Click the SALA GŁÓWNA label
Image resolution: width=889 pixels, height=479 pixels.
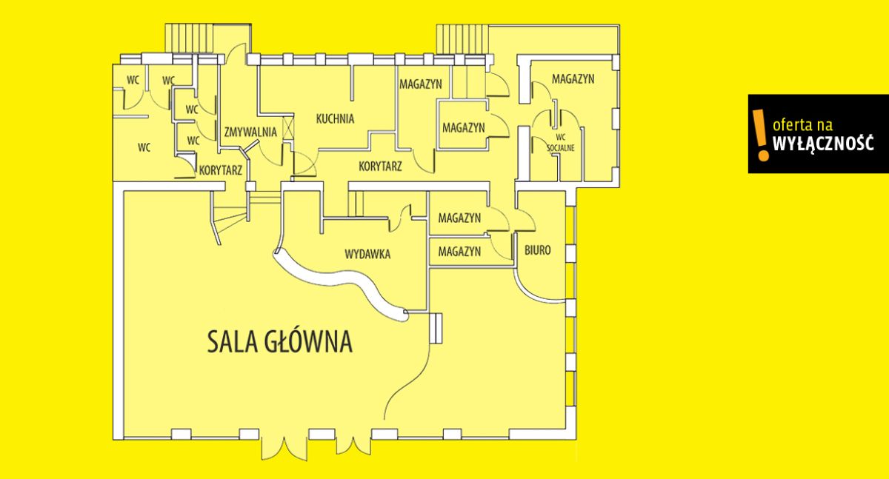click(x=280, y=341)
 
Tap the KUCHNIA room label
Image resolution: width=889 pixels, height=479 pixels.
click(x=335, y=118)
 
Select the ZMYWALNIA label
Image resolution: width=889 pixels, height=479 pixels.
click(x=250, y=132)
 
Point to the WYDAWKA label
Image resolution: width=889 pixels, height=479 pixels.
click(x=367, y=254)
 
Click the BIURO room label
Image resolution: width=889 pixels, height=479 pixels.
click(x=538, y=250)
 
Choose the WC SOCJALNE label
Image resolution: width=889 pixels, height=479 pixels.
click(x=560, y=143)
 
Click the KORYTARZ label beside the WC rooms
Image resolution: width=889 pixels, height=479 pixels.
click(x=221, y=170)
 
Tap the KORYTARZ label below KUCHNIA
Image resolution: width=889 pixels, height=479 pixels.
click(x=380, y=166)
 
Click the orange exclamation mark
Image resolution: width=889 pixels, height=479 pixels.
click(x=760, y=135)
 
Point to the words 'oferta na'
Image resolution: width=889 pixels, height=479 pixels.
click(x=802, y=125)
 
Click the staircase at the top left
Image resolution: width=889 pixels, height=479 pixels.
click(x=190, y=38)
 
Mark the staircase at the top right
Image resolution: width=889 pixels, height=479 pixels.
click(x=462, y=38)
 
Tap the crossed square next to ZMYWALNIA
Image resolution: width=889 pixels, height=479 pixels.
click(x=288, y=127)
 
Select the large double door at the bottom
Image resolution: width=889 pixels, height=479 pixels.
click(x=284, y=449)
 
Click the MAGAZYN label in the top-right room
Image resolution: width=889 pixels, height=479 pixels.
click(x=573, y=79)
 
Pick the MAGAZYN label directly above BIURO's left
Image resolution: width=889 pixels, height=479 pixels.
click(x=459, y=218)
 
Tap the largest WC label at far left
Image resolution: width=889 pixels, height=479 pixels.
click(x=144, y=147)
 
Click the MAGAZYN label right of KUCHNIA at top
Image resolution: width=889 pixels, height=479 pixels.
click(x=421, y=84)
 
